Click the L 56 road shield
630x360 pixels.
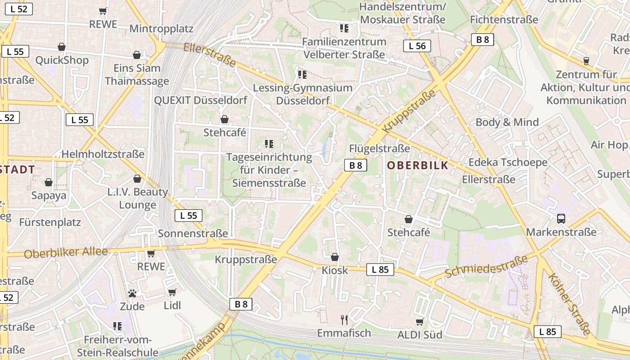pyautogui.click(x=417, y=45)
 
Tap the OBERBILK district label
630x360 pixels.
pyautogui.click(x=418, y=165)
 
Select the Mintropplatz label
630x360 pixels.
pyautogui.click(x=161, y=29)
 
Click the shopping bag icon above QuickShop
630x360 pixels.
pyautogui.click(x=62, y=47)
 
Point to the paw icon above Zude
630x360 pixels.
pyautogui.click(x=132, y=293)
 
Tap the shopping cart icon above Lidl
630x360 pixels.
pyautogui.click(x=172, y=292)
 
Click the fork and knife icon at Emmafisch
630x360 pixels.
pyautogui.click(x=344, y=320)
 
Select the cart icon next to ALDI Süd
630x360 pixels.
pyautogui.click(x=420, y=322)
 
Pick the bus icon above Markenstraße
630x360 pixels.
pyautogui.click(x=561, y=219)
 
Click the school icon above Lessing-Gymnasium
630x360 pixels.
pyautogui.click(x=302, y=74)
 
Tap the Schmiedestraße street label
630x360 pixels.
pyautogui.click(x=486, y=267)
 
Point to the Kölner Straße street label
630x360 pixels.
pyautogui.click(x=569, y=305)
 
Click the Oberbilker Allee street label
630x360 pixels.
pyautogui.click(x=66, y=252)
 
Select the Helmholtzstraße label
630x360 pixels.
pyautogui.click(x=103, y=154)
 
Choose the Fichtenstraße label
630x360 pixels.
pyautogui.click(x=504, y=20)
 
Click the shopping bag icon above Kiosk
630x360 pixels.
pyautogui.click(x=335, y=257)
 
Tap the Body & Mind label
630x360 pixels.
pyautogui.click(x=507, y=122)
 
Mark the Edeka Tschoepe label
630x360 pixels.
pyautogui.click(x=508, y=162)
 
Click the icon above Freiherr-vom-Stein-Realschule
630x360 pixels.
pyautogui.click(x=117, y=326)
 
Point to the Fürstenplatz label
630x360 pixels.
pyautogui.click(x=50, y=222)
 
